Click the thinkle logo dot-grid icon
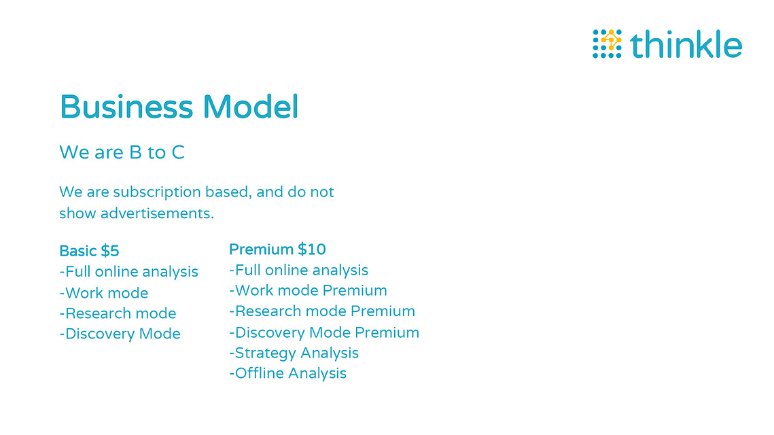607,43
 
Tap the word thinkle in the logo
686,44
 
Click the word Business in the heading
126,107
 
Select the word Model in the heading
250,107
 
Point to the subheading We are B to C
122,152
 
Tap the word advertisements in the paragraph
157,213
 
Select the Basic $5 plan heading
89,251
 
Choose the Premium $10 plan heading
277,249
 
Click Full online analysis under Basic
129,272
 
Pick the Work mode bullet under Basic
104,293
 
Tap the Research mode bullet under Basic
118,313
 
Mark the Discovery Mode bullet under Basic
120,334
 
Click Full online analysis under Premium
298,270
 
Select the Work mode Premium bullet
308,290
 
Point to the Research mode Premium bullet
322,311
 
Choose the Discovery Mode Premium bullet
324,332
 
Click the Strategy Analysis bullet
294,353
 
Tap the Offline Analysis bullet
287,373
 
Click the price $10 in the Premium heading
312,249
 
